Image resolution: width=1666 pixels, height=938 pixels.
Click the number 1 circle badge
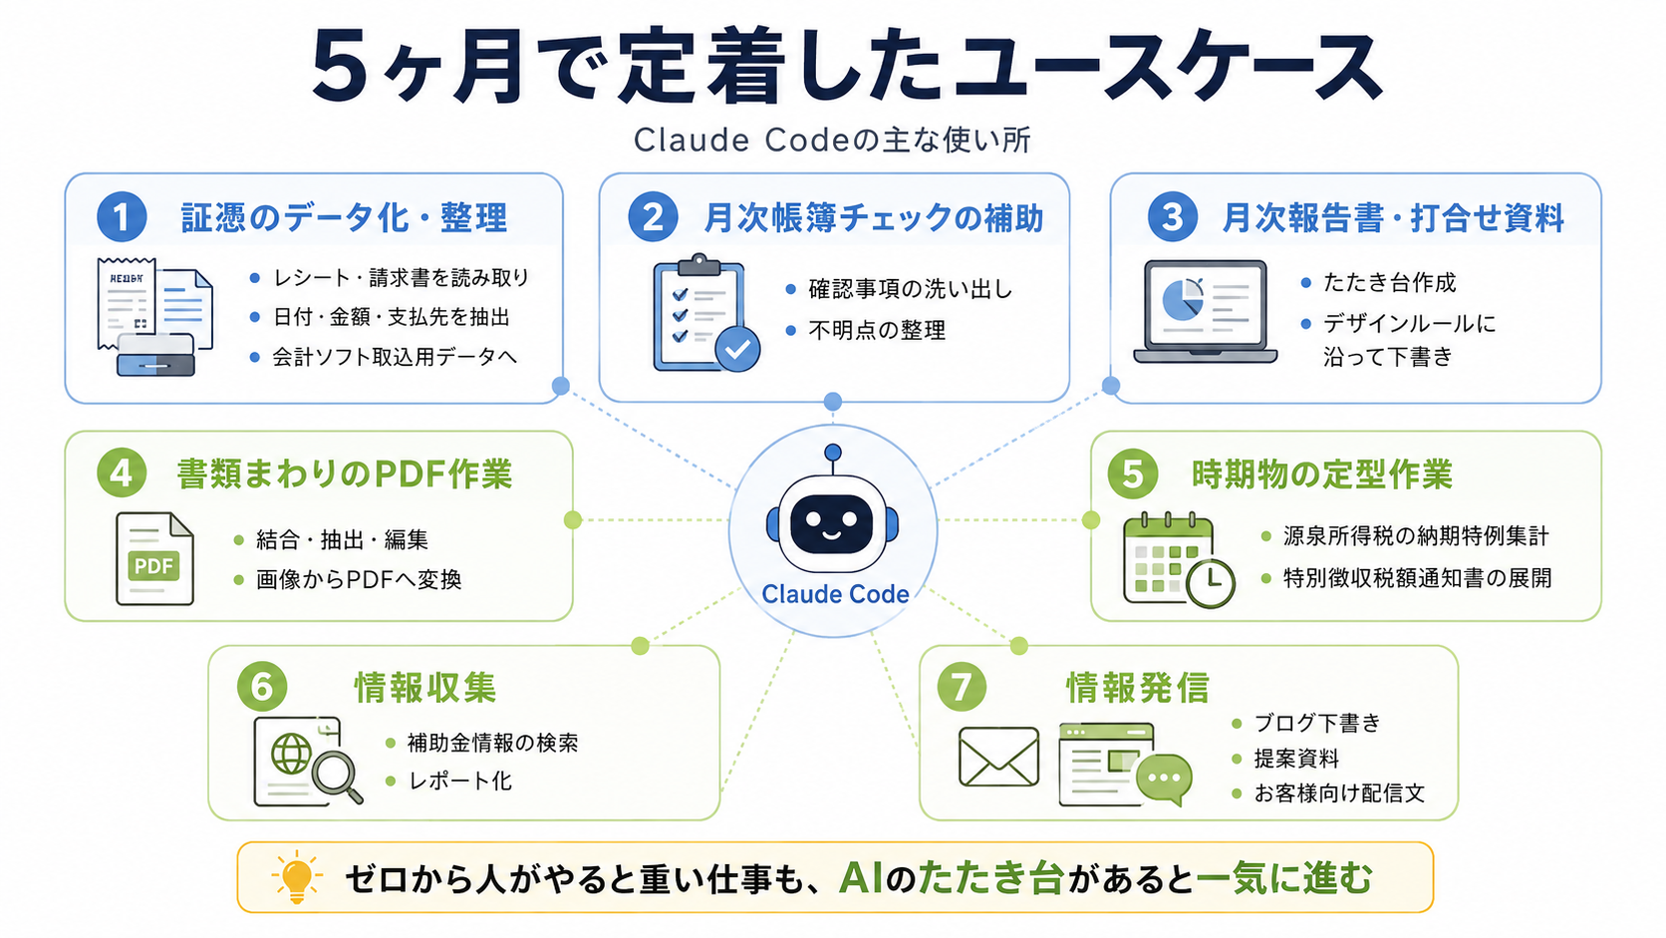pyautogui.click(x=122, y=216)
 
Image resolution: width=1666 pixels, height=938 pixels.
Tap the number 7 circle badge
pyautogui.click(x=961, y=687)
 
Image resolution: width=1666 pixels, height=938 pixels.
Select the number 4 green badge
pyautogui.click(x=122, y=473)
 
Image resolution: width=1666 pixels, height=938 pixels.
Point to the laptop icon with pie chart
pyautogui.click(x=1205, y=312)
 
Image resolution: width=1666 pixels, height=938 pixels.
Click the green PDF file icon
pyautogui.click(x=154, y=558)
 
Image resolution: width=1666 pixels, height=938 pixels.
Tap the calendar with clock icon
pyautogui.click(x=1178, y=560)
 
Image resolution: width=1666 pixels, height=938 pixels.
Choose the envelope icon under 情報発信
pyautogui.click(x=998, y=757)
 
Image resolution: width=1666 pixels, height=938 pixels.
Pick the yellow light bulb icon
pyautogui.click(x=297, y=877)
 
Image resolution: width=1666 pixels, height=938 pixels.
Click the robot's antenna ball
pyautogui.click(x=833, y=453)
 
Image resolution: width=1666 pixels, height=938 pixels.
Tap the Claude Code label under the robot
pyautogui.click(x=834, y=593)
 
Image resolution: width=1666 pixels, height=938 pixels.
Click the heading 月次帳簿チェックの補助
pyautogui.click(x=873, y=218)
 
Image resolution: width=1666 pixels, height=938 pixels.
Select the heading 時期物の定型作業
pyautogui.click(x=1321, y=474)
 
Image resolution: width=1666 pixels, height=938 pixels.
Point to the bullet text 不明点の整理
pyautogui.click(x=877, y=330)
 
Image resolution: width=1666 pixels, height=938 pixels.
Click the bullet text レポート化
pyautogui.click(x=460, y=781)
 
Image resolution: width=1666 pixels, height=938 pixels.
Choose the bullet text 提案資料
pyautogui.click(x=1296, y=758)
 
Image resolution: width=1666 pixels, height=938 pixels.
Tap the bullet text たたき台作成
pyautogui.click(x=1389, y=282)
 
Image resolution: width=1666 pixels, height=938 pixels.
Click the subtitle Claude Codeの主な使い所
pyautogui.click(x=832, y=140)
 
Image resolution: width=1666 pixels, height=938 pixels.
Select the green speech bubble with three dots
pyautogui.click(x=1165, y=779)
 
